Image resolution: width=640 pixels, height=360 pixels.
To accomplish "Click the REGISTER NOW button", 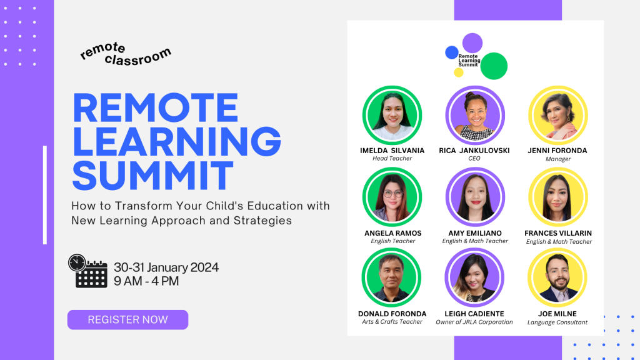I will [127, 319].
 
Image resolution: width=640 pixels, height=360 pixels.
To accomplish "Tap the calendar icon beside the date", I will [91, 274].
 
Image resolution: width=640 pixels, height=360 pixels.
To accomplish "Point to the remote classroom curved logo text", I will [125, 54].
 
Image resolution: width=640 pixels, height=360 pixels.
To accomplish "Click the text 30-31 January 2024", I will [166, 267].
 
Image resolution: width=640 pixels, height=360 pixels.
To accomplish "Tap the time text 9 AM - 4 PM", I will [146, 281].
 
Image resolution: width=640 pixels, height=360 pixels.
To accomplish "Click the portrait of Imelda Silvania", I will [392, 115].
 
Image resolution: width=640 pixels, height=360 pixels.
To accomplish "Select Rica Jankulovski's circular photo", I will [475, 115].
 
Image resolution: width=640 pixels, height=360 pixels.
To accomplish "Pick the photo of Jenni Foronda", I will [557, 115].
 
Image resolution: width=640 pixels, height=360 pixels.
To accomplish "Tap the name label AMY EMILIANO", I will [475, 233].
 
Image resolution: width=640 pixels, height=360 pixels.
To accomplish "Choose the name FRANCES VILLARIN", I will [558, 233].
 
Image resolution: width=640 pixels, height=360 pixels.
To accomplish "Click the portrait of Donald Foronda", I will [392, 277].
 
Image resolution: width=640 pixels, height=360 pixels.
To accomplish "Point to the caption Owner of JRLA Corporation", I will [474, 322].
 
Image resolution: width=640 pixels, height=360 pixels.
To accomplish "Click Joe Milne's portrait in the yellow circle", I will [557, 277].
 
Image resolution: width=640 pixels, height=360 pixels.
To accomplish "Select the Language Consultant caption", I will [557, 322].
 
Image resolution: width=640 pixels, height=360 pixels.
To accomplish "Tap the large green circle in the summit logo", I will [494, 66].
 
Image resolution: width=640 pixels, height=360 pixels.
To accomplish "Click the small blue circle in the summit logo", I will [451, 52].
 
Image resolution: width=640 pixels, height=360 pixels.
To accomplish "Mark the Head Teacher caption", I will [392, 159].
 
